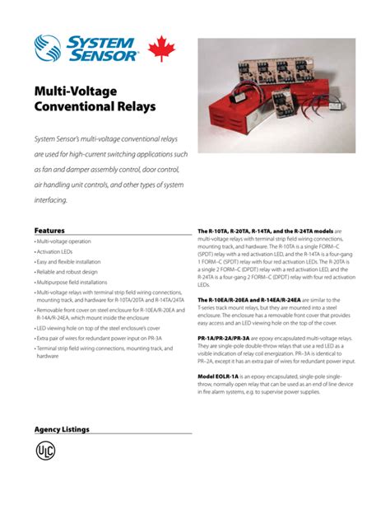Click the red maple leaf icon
(160, 49)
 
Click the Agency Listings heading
(62, 429)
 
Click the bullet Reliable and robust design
(68, 271)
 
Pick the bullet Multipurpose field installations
(73, 282)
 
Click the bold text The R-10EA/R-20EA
(230, 299)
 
